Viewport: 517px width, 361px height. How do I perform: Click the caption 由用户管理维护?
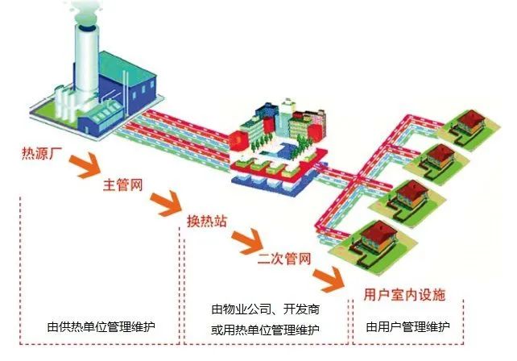[x=407, y=328]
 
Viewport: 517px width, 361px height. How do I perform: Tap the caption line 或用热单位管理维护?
[x=265, y=330]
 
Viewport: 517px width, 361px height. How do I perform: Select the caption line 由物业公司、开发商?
[x=265, y=311]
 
